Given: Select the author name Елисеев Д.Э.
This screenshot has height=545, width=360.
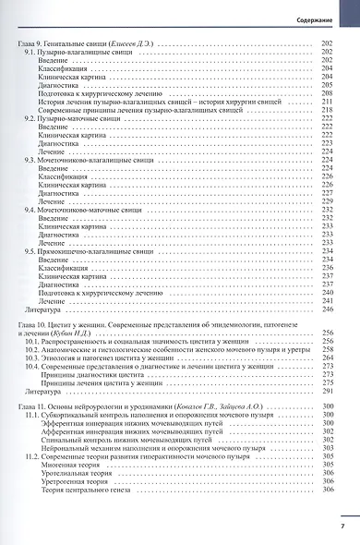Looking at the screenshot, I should click(x=136, y=45).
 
